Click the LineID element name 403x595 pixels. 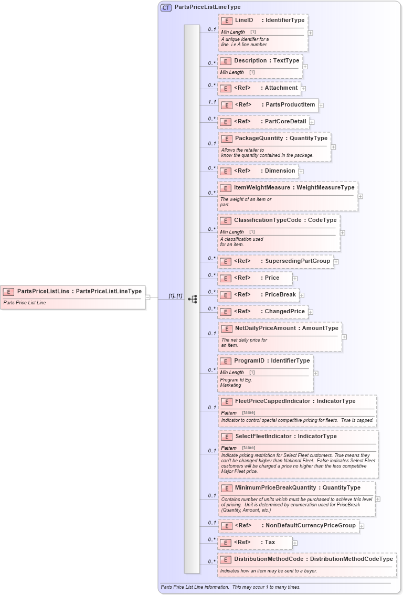click(x=244, y=20)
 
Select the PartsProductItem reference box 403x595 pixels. click(x=268, y=104)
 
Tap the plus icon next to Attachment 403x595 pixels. click(x=303, y=89)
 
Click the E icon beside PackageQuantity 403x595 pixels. click(x=227, y=139)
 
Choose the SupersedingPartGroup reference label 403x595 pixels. click(x=298, y=261)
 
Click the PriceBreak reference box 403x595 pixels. click(x=258, y=294)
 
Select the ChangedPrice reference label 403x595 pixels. click(x=285, y=311)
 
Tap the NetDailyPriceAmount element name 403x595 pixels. click(x=265, y=328)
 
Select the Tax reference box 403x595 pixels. click(x=255, y=542)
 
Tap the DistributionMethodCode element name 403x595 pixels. click(x=269, y=559)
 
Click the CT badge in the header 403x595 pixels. click(x=166, y=7)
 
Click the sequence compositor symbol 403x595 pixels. click(x=193, y=299)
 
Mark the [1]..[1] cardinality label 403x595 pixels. click(x=175, y=296)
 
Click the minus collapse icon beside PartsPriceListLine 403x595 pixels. click(x=148, y=296)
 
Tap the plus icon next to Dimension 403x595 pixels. click(x=301, y=171)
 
